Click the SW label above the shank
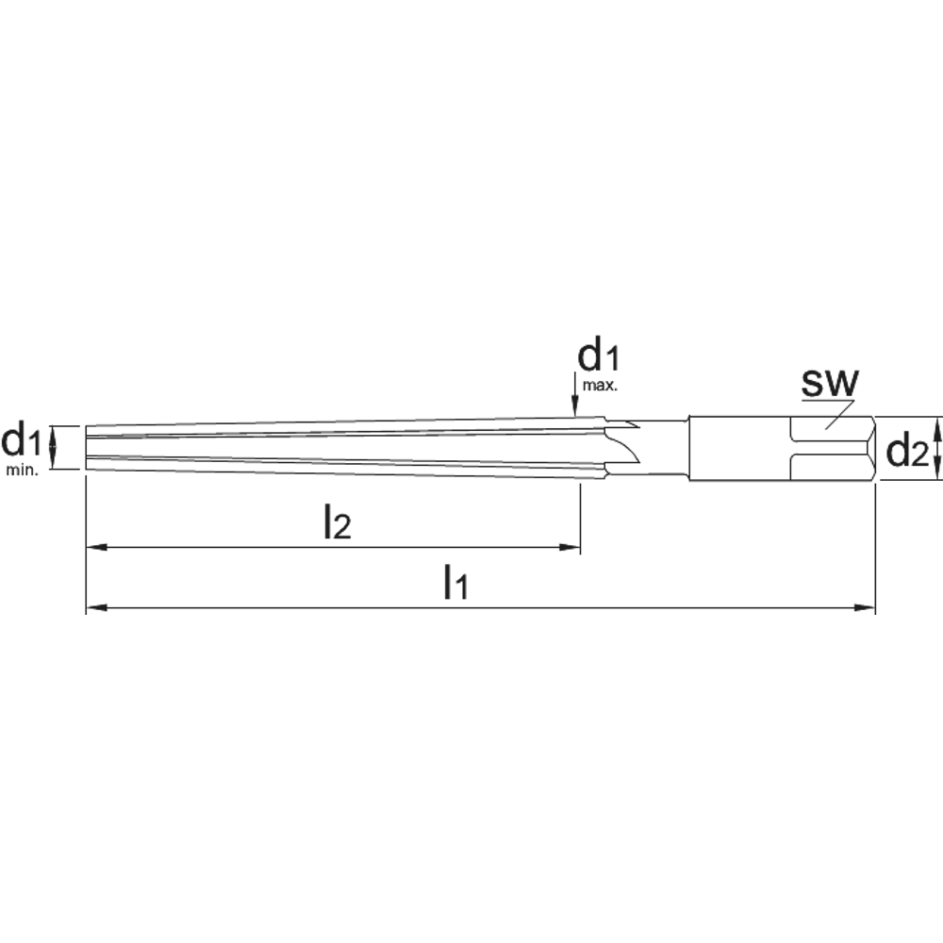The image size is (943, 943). coord(830,383)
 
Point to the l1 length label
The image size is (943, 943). coord(455,582)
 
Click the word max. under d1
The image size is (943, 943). coord(600,386)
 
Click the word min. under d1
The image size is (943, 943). coord(23,471)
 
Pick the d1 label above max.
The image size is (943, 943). coord(598,356)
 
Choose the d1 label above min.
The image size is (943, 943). coord(21,440)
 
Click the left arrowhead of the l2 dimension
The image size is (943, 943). coord(97,547)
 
